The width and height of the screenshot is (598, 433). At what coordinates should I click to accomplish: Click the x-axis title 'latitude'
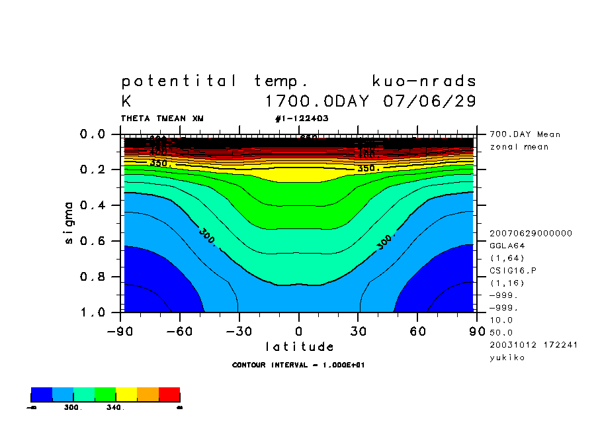300,346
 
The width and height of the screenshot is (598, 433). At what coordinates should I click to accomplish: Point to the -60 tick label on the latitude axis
181,330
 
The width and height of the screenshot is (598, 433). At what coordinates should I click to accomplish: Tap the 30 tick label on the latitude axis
358,330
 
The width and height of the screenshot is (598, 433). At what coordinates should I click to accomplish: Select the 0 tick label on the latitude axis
299,330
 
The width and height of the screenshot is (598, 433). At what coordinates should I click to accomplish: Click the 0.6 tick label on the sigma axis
93,241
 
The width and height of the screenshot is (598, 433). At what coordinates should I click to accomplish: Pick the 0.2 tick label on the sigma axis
93,169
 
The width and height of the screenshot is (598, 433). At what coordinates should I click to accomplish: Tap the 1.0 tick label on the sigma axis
93,312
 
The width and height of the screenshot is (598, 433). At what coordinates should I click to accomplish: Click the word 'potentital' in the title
179,81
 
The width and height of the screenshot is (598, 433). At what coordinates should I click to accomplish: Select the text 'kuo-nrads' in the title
424,81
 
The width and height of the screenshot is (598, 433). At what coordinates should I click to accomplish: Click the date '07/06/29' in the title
430,102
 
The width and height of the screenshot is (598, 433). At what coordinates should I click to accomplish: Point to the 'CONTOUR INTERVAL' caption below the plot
299,365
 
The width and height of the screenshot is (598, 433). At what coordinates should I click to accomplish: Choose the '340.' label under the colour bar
115,408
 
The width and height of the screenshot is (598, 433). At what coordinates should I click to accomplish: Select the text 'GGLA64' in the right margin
506,245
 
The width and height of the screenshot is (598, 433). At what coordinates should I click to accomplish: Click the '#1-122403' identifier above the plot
302,119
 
